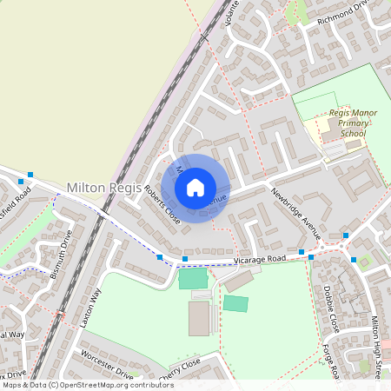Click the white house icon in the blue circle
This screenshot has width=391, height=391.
pyautogui.click(x=195, y=188)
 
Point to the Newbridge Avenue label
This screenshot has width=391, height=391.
pyautogui.click(x=295, y=214)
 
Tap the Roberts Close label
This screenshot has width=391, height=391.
pyautogui.click(x=162, y=205)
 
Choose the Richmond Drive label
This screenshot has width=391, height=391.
pyautogui.click(x=343, y=12)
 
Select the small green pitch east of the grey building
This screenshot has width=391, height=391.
pyautogui.click(x=235, y=303)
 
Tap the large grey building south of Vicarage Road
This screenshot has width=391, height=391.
pyautogui.click(x=199, y=318)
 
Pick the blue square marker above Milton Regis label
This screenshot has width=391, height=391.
pyautogui.click(x=30, y=175)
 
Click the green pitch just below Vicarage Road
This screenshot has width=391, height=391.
pyautogui.click(x=193, y=279)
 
